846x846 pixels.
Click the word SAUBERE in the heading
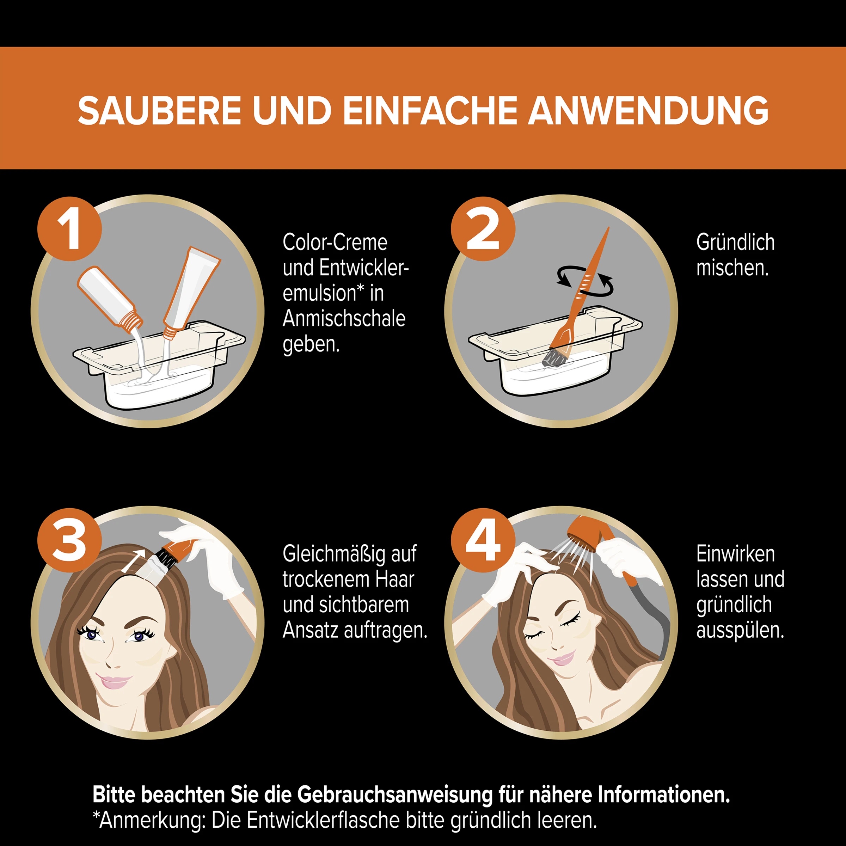pos(159,110)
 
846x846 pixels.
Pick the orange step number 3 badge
pos(69,540)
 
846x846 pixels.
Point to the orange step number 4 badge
pos(483,540)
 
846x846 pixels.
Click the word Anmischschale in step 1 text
pos(344,319)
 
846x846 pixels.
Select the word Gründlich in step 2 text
pos(735,243)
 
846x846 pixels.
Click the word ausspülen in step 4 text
pos(740,631)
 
